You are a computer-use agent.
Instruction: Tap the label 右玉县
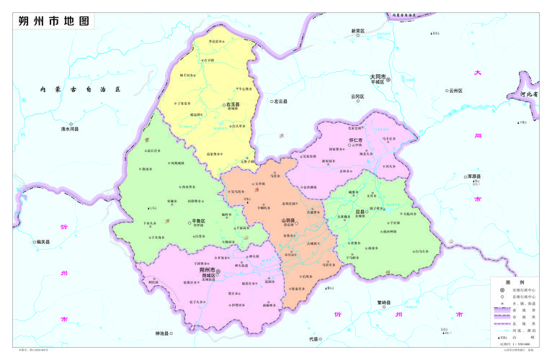click(x=232, y=104)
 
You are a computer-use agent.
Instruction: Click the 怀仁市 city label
click(x=355, y=139)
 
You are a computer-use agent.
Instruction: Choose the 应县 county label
click(x=360, y=212)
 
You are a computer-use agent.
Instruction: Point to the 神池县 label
click(x=166, y=333)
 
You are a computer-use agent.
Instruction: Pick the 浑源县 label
click(x=473, y=176)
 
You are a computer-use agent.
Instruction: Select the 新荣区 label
click(x=358, y=31)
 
